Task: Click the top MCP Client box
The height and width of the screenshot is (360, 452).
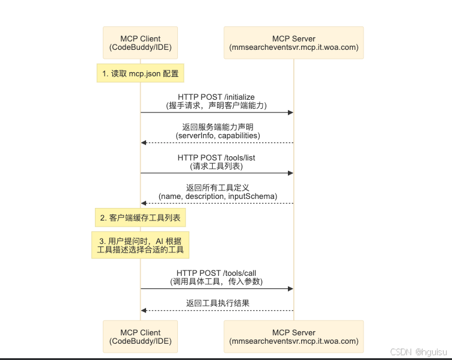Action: tap(140, 43)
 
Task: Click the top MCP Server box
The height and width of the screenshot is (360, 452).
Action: tap(293, 43)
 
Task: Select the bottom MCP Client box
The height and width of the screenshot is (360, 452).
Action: tap(140, 336)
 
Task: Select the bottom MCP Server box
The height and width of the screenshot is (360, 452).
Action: tap(293, 336)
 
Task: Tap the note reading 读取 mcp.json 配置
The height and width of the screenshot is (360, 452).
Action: tap(140, 73)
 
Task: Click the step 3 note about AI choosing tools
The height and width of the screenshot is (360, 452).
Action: tap(140, 245)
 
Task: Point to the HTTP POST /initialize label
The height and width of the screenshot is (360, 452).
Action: tap(216, 97)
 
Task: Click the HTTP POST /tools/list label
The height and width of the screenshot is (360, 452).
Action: tap(216, 157)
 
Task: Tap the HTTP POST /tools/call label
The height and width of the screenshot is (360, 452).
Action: tap(216, 273)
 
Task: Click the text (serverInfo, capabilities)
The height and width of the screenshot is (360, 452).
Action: tap(218, 136)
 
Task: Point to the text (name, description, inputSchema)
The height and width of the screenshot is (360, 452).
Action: tap(218, 197)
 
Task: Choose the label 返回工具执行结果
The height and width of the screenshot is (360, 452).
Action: tap(217, 303)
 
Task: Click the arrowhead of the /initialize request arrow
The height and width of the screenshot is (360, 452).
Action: tap(290, 112)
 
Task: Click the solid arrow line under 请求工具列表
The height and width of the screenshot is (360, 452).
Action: tap(216, 173)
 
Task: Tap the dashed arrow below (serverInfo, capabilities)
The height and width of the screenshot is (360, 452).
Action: tap(216, 143)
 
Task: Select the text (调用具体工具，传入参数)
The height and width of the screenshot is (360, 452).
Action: tap(216, 281)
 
